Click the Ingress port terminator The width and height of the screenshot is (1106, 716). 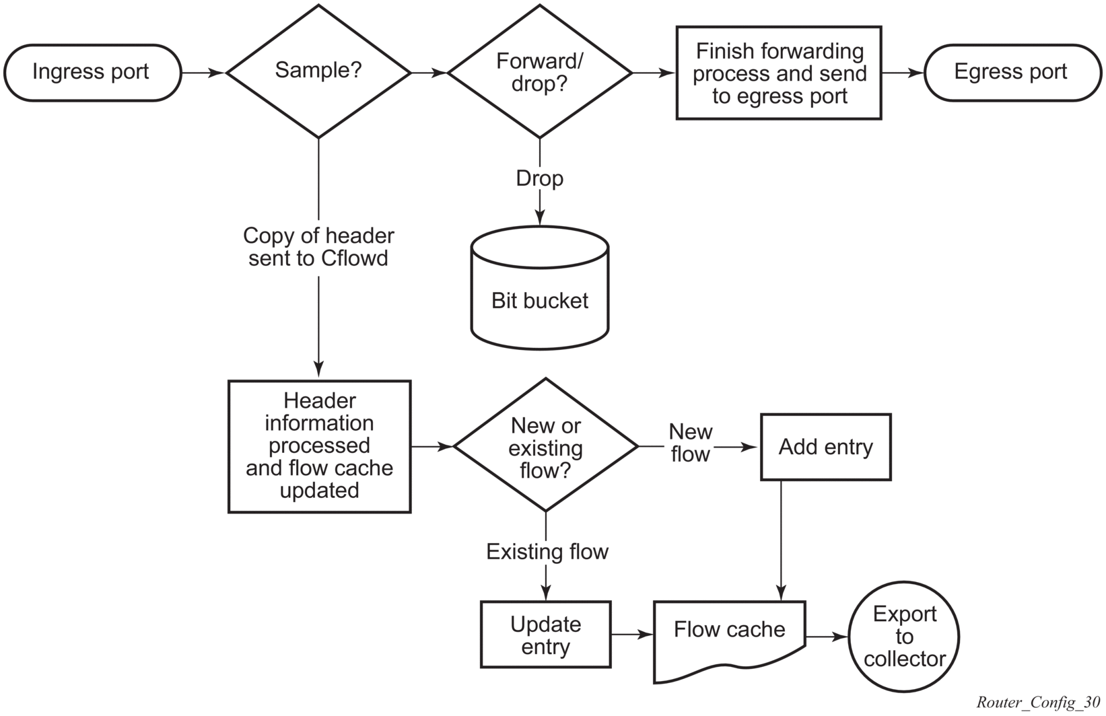click(93, 73)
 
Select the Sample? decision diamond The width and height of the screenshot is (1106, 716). click(318, 71)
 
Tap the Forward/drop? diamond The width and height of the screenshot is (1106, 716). click(540, 71)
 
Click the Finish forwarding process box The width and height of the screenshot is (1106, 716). click(779, 73)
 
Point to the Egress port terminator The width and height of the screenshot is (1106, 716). click(1012, 73)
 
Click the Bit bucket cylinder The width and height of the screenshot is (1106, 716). click(540, 288)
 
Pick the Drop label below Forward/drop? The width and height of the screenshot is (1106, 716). click(540, 178)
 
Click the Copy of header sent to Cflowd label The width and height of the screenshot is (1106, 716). click(318, 247)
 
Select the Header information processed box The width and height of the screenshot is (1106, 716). click(320, 447)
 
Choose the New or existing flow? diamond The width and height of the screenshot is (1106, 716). click(545, 445)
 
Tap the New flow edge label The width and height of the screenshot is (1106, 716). click(690, 443)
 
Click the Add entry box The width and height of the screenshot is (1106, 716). click(826, 447)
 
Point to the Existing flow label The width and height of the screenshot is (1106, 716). click(547, 552)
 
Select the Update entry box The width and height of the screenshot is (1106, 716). click(545, 635)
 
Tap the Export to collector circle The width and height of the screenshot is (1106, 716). click(904, 637)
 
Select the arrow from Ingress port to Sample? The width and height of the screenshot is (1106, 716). click(203, 73)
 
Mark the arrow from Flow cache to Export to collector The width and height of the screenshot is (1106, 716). click(827, 637)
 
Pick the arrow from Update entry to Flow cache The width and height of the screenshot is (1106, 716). click(633, 635)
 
